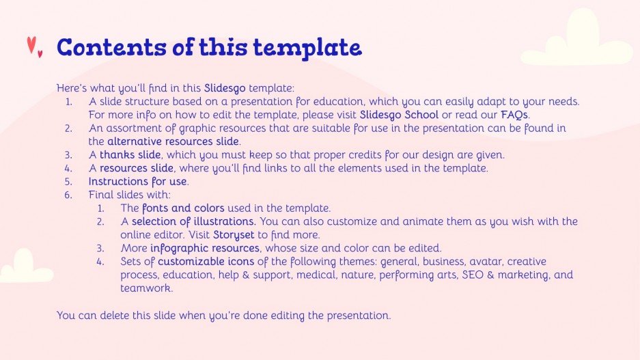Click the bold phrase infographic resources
pyautogui.click(x=205, y=248)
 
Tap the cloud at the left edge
pyautogui.click(x=24, y=266)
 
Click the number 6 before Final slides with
pyautogui.click(x=68, y=195)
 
